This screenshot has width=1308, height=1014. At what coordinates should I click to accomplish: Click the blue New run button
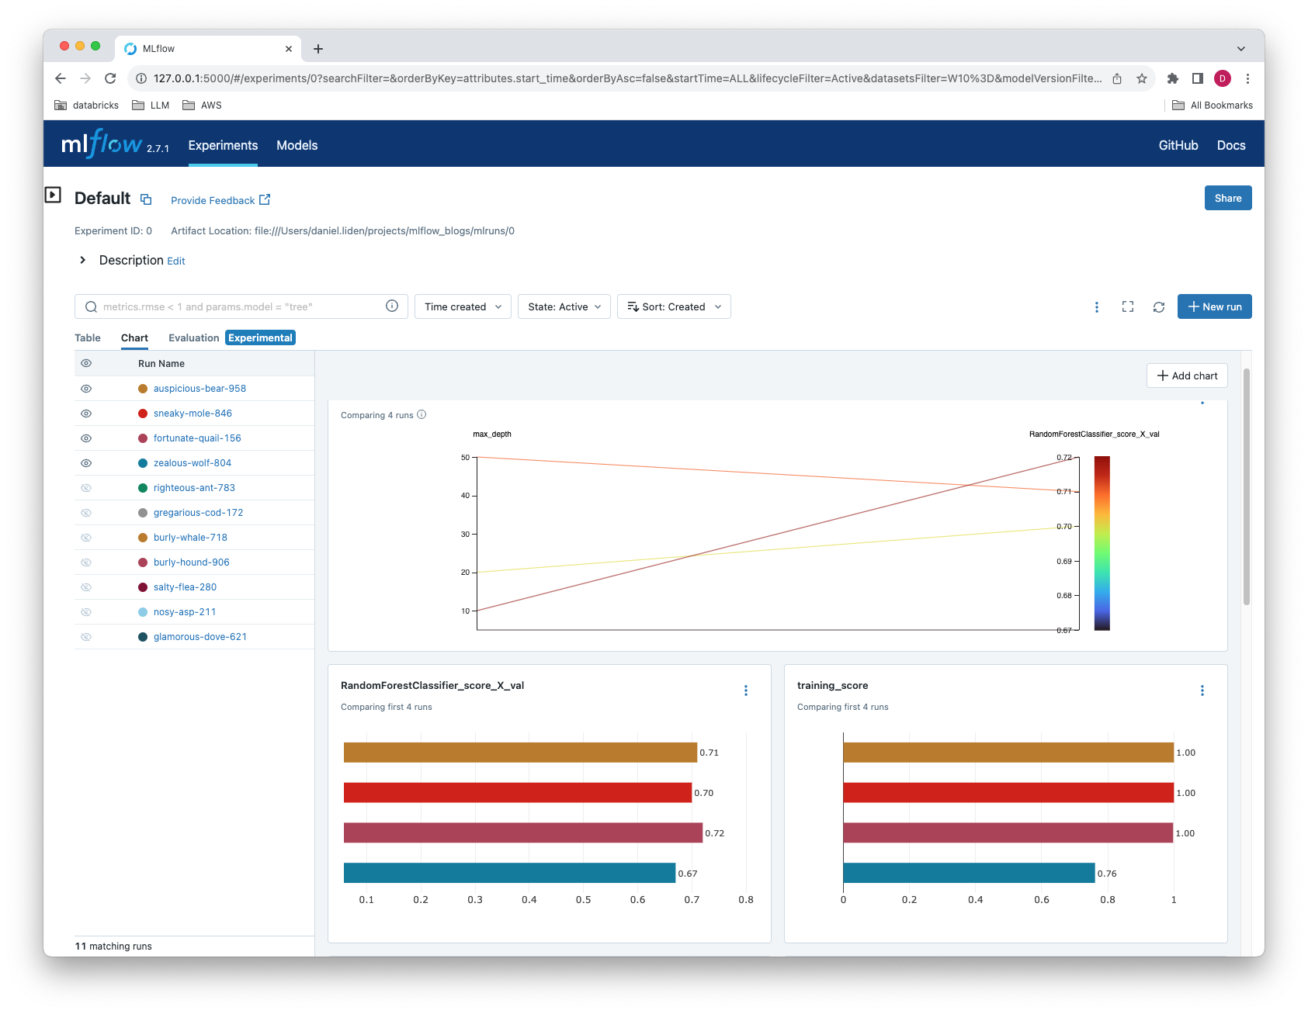click(1214, 306)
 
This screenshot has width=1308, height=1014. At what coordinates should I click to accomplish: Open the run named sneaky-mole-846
click(193, 414)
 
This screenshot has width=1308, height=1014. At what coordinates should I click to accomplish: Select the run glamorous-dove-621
click(199, 637)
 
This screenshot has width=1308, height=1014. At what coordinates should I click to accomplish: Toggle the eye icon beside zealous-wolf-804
click(86, 463)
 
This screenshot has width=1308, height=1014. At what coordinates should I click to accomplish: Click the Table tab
click(88, 337)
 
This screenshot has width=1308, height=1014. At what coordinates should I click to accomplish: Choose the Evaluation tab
click(193, 337)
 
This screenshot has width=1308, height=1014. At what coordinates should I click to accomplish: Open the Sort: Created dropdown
click(673, 306)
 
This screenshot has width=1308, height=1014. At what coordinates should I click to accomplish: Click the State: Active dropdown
click(564, 306)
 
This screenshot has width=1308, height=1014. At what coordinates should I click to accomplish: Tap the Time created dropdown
click(463, 306)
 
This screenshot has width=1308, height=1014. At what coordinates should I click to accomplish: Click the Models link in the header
click(297, 145)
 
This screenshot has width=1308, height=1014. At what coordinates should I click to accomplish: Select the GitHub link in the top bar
click(1178, 145)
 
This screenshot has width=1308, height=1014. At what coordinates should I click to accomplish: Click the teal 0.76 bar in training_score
click(968, 873)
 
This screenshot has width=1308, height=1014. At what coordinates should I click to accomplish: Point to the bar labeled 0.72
click(522, 832)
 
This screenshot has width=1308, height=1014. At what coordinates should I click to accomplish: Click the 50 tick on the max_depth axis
click(466, 457)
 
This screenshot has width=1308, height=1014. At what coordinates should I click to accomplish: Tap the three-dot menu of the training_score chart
click(1202, 690)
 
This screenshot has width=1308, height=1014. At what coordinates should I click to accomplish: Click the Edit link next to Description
click(176, 261)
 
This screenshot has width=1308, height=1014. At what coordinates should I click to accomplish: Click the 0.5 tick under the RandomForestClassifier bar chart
click(583, 899)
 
